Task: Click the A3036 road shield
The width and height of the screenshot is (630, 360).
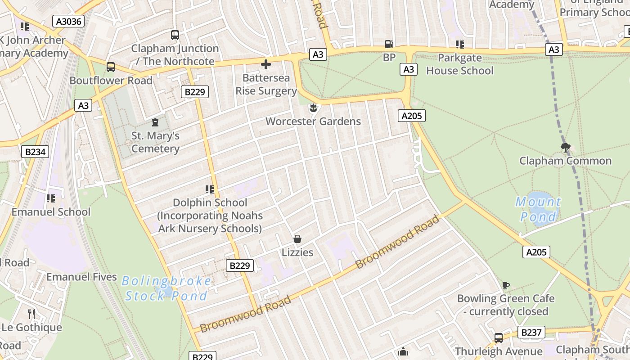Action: pos(68,21)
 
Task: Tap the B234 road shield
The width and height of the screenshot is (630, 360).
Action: pos(35,152)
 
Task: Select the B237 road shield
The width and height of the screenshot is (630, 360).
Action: pos(531,333)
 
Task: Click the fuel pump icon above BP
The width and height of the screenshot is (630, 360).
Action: pos(389,44)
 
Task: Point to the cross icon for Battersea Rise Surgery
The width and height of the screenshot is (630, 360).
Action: pos(266,64)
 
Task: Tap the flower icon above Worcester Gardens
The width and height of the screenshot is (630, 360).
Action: pos(314,108)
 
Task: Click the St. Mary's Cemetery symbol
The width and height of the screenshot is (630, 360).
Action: pos(155,122)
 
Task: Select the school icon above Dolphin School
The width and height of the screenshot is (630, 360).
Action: pos(209,189)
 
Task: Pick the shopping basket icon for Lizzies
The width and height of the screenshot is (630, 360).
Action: pos(297,238)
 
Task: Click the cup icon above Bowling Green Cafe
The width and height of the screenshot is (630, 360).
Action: pos(506,285)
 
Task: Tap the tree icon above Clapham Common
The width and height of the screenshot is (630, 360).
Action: pos(566,147)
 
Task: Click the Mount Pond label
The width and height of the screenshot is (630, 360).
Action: pos(538,209)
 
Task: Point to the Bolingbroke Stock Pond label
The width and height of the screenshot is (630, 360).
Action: pos(166,288)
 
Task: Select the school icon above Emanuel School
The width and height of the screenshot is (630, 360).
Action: pos(51,198)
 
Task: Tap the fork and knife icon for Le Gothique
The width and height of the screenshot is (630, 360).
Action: pos(31,314)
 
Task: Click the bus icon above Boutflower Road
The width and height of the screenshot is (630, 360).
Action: pos(111,67)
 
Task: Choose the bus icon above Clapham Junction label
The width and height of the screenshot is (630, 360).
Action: pos(175,35)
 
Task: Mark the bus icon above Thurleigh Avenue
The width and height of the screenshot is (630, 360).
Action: pos(498,338)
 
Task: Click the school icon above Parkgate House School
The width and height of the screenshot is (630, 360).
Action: pos(459,45)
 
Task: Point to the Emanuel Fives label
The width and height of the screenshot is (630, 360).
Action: pos(81,277)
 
